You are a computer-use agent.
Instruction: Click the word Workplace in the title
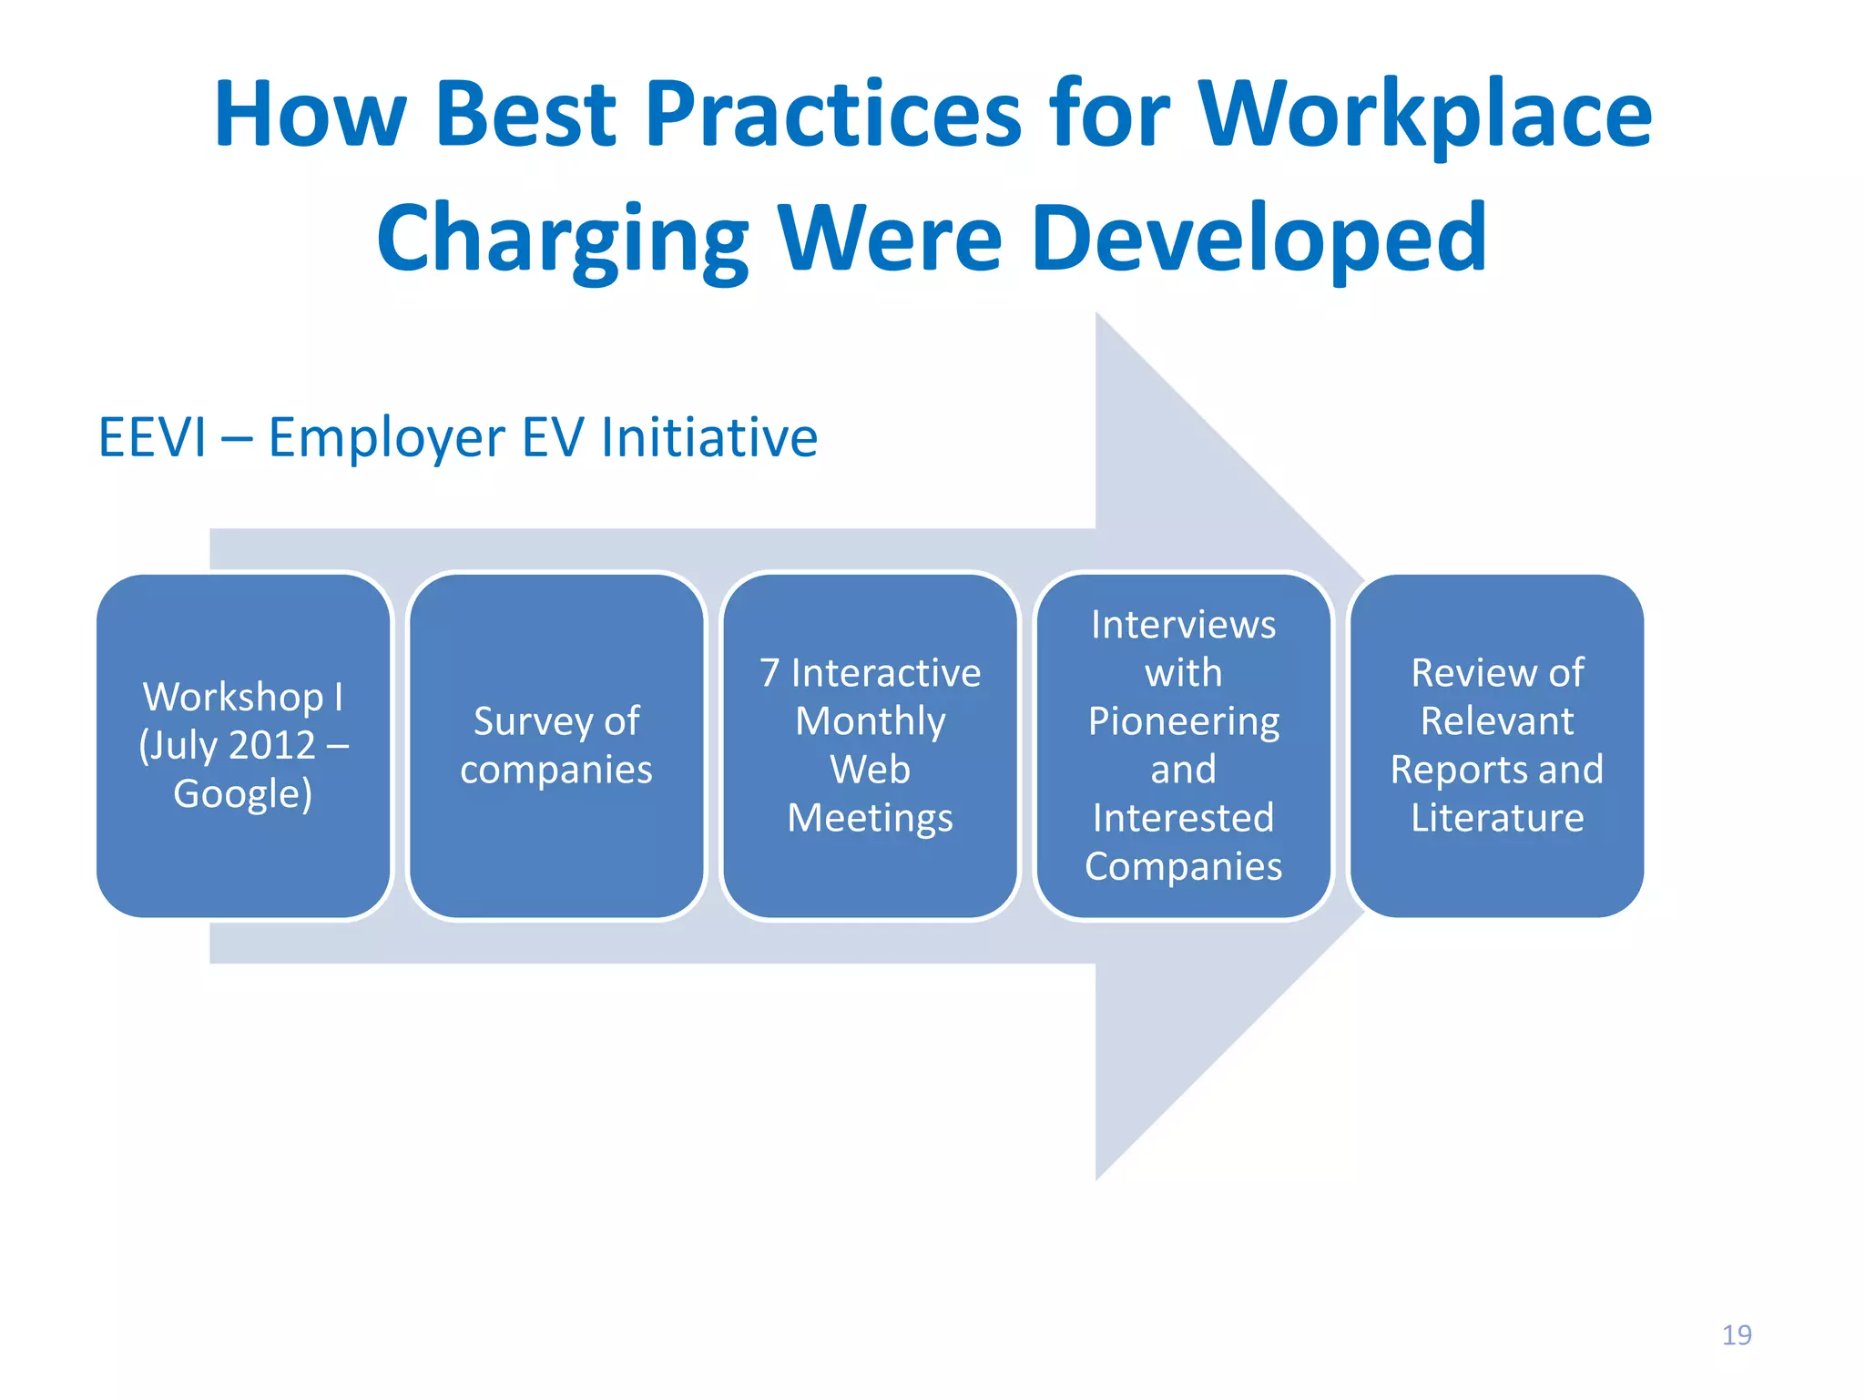(1424, 115)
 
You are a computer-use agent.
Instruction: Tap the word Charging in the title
(562, 240)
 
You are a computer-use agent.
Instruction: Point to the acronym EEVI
(152, 437)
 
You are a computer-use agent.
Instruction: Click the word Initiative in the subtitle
(709, 437)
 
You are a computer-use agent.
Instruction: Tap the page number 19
(1736, 1334)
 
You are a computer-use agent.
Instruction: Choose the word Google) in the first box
(243, 794)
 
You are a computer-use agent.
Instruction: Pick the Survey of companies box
(556, 745)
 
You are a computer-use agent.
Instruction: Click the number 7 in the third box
(769, 673)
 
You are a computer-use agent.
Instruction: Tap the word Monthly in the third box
(870, 721)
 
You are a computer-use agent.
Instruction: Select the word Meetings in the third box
(870, 818)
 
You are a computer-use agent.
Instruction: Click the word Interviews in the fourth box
(1183, 625)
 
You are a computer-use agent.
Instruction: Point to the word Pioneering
(1183, 721)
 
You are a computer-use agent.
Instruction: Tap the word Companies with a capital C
(1183, 866)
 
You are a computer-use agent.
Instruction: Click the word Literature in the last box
(1497, 818)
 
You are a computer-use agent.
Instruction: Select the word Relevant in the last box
(1497, 721)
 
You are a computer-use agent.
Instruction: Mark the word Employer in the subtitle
(385, 437)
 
